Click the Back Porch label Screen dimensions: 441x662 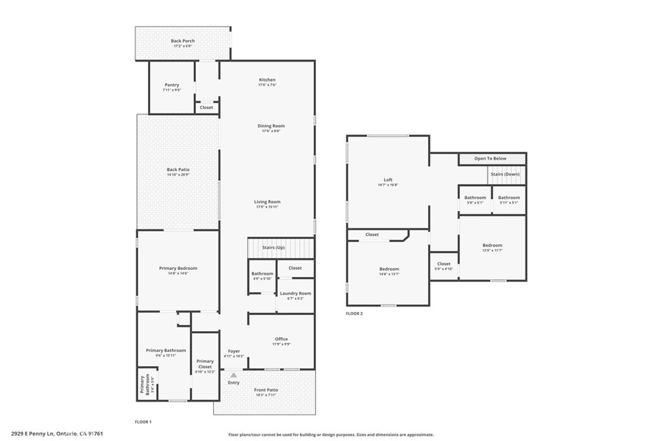[183, 41]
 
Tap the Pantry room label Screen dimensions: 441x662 [171, 85]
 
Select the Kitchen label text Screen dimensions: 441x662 [267, 80]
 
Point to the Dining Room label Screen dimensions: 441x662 [271, 127]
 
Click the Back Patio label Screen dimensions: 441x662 [178, 170]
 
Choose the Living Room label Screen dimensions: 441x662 [267, 202]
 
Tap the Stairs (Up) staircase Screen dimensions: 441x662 [280, 248]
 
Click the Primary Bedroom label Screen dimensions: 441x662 [178, 269]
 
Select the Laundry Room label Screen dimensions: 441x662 [295, 294]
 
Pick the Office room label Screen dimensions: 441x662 [281, 340]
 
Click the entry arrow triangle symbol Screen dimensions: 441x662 [233, 374]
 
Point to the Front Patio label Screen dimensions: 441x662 [265, 390]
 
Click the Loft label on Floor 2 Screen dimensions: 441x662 [388, 180]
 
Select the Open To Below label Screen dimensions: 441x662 [490, 158]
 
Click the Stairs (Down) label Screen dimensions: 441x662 [505, 174]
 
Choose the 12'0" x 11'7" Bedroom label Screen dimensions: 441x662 [492, 246]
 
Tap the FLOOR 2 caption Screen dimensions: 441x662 [354, 313]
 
